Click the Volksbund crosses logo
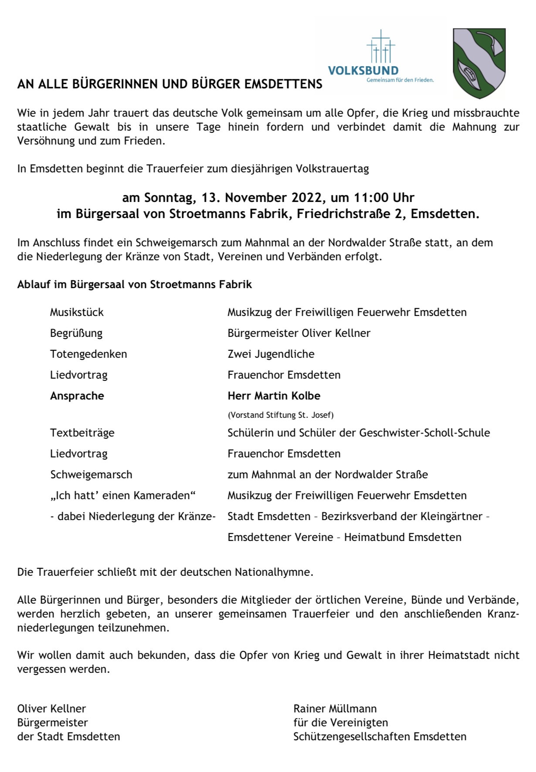381,47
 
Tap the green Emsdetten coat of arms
479,63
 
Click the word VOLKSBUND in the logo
363,70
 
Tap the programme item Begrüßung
76,333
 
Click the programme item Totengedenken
88,354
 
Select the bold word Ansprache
77,396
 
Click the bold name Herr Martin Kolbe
274,396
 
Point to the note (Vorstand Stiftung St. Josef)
280,415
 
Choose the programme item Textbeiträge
82,433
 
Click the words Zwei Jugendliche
271,354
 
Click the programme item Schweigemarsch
91,475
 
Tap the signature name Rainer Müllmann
335,709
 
